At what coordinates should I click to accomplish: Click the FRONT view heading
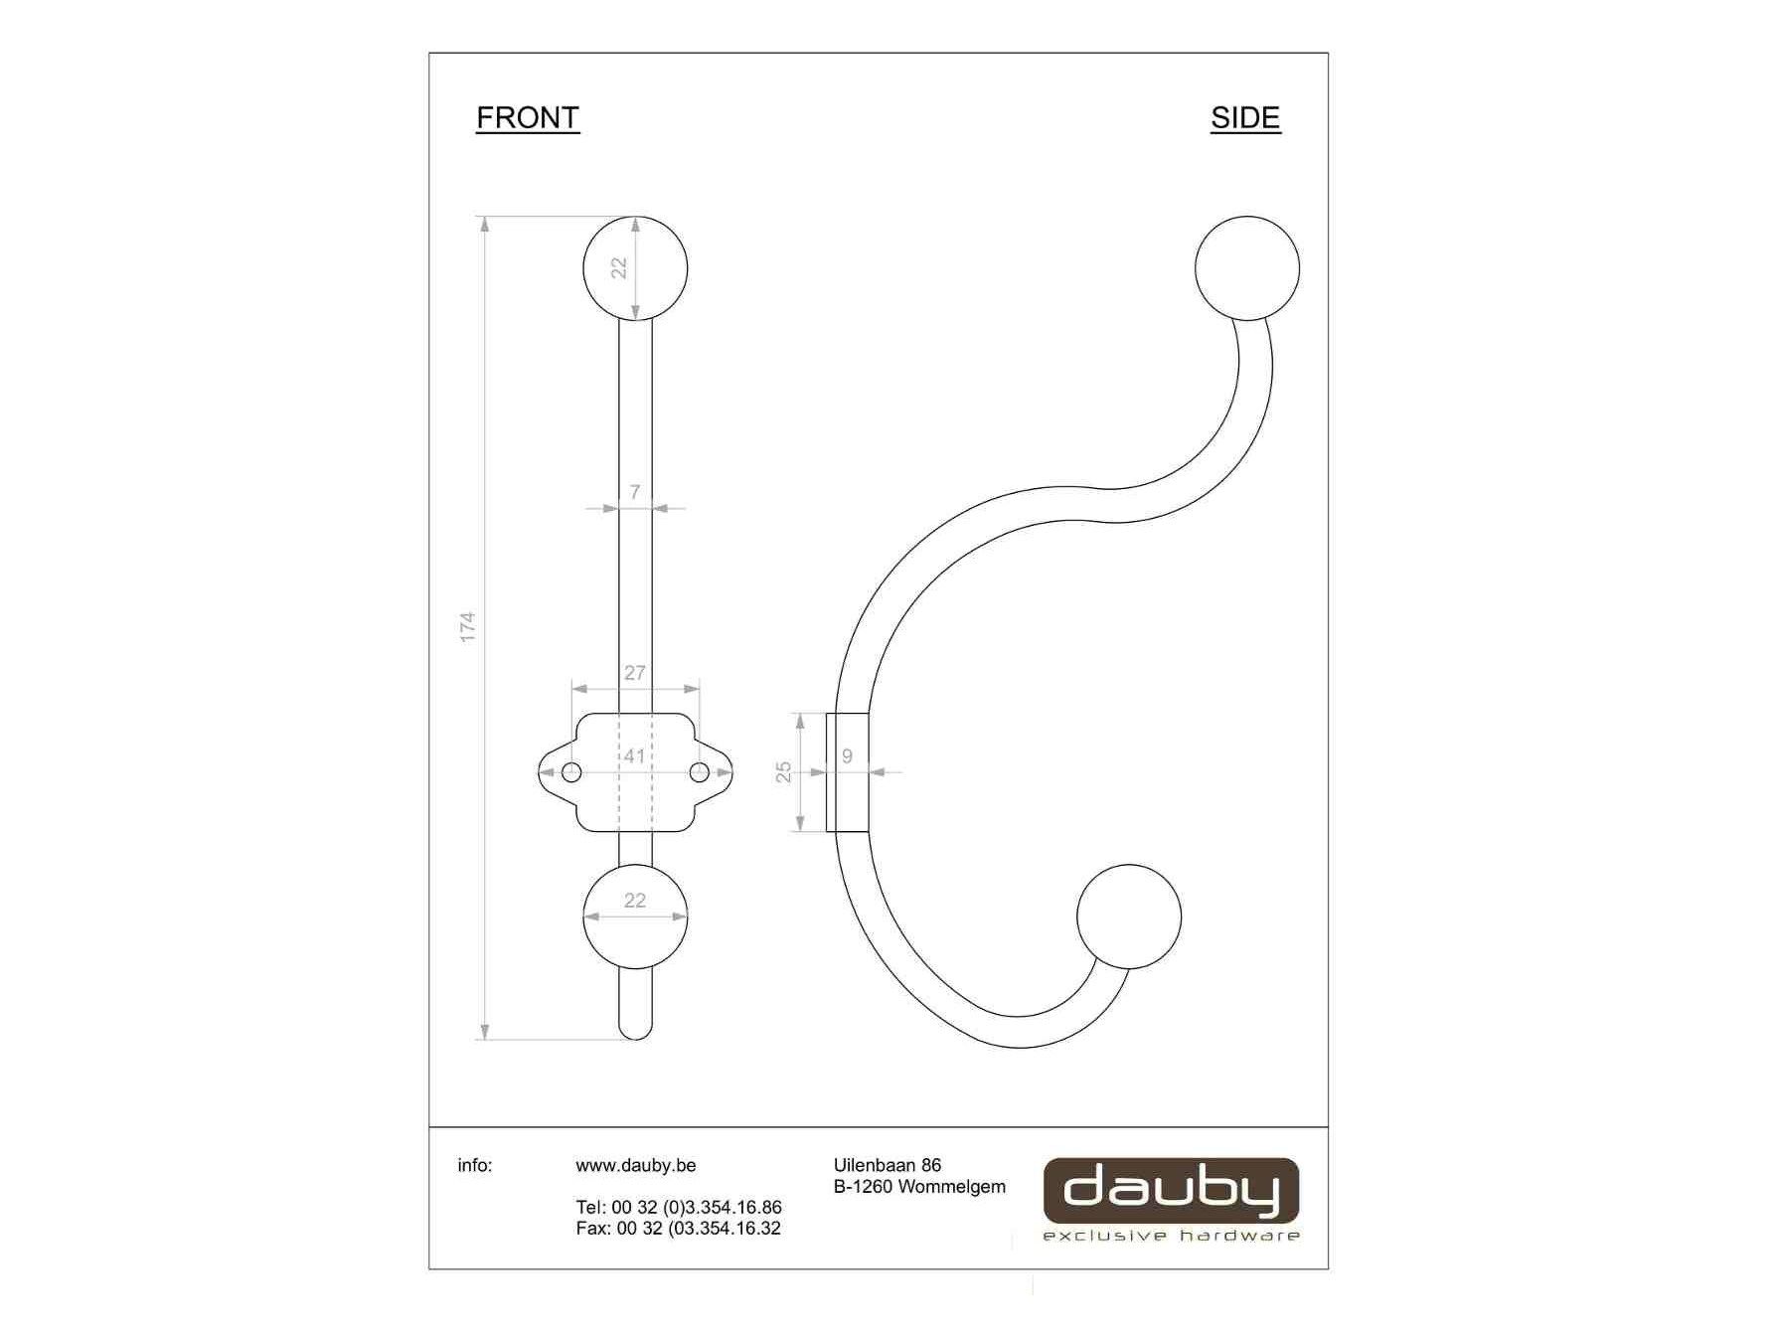527,117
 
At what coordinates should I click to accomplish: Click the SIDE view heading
1244,118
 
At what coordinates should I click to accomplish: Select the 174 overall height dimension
468,626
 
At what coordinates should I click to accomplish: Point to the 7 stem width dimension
635,492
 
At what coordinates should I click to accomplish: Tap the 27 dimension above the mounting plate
635,673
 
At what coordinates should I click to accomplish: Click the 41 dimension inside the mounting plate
635,756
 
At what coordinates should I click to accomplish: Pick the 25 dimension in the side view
784,771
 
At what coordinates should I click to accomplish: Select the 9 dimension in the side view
847,756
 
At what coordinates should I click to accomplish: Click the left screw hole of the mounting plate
571,772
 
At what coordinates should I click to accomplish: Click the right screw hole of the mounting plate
700,772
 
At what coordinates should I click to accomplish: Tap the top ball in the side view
1246,268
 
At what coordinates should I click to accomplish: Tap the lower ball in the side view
1129,916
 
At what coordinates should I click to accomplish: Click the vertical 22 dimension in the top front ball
619,267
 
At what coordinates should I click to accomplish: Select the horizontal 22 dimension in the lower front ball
635,901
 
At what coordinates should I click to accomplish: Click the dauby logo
1171,1191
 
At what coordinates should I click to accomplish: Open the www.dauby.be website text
635,1165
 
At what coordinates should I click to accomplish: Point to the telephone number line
679,1207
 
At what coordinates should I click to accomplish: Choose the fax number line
679,1229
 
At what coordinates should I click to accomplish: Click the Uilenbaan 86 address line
887,1165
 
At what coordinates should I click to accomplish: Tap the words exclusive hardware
1171,1236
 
